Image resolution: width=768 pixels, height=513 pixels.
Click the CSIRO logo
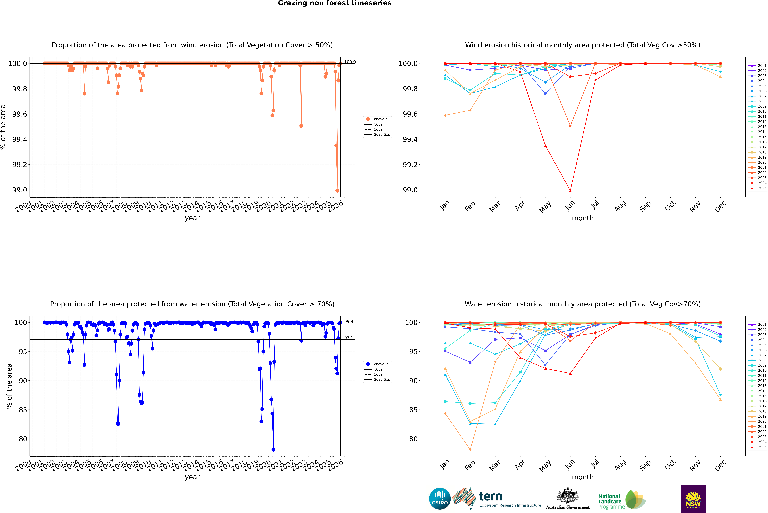click(x=440, y=499)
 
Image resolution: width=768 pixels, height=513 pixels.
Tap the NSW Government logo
click(x=693, y=499)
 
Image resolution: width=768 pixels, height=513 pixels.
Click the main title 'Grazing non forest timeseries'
click(x=335, y=3)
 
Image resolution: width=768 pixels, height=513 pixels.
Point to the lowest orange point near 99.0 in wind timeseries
click(x=337, y=191)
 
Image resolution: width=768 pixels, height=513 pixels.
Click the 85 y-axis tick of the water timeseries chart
click(x=23, y=410)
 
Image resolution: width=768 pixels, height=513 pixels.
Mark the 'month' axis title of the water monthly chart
click(x=582, y=477)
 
